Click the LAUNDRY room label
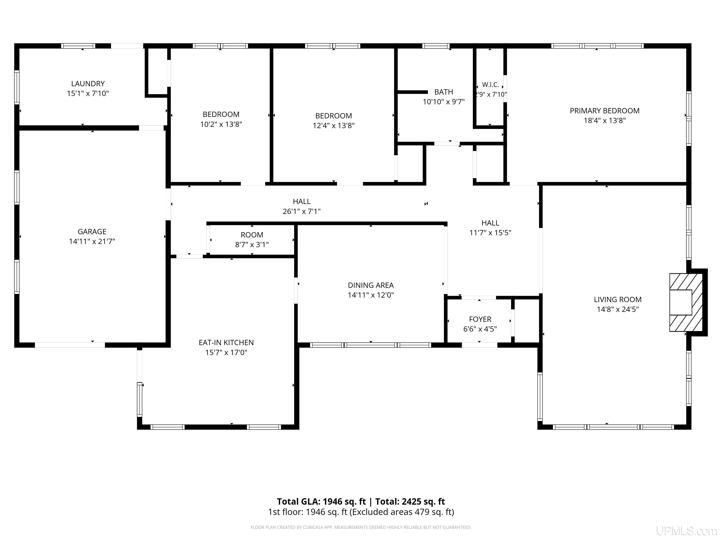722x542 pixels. coord(88,84)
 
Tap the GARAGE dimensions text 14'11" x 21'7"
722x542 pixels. coord(92,241)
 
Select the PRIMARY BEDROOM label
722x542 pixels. coord(604,111)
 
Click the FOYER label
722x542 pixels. coord(480,319)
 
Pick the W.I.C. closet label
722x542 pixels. coord(490,85)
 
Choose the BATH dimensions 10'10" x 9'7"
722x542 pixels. coord(443,102)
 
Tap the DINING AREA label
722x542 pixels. coord(371,285)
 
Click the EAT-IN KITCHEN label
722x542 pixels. coord(226,342)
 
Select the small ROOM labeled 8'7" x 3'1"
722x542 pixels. coord(252,240)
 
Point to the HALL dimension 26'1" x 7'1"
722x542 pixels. coord(302,211)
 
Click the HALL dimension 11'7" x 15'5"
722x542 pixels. coord(490,233)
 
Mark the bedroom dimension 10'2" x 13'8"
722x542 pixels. coord(221,124)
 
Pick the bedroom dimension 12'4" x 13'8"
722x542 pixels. coord(334,125)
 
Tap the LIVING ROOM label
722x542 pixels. coord(618,300)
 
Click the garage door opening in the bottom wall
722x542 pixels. coord(70,345)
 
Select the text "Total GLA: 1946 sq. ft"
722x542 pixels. coord(322,502)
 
